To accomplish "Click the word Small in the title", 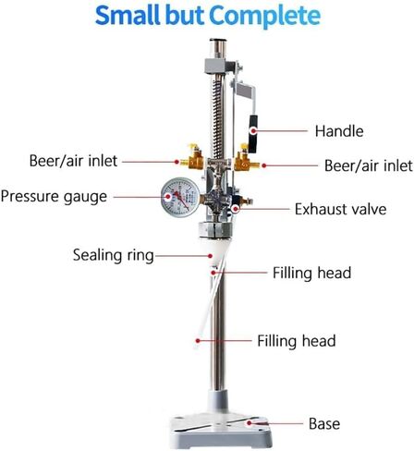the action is [x=128, y=16].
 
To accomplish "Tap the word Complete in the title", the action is [x=264, y=17].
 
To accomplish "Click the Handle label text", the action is [x=339, y=131].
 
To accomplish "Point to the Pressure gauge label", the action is [x=54, y=197].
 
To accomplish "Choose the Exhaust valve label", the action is [x=341, y=209].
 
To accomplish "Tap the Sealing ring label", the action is [x=114, y=256].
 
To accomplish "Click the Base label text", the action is [x=324, y=423].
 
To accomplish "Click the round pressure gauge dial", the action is [x=180, y=198].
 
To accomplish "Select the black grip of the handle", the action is [x=253, y=134].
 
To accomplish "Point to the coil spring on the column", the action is [x=217, y=118].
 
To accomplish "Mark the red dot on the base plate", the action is [x=249, y=423].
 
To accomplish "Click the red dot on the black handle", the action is [x=253, y=131].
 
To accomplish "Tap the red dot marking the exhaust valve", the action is [x=236, y=210].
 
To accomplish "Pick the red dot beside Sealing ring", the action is [x=210, y=256].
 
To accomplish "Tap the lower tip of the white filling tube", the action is [x=196, y=347].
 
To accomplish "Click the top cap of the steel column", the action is [x=218, y=40].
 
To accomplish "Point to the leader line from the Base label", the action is [x=277, y=423].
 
